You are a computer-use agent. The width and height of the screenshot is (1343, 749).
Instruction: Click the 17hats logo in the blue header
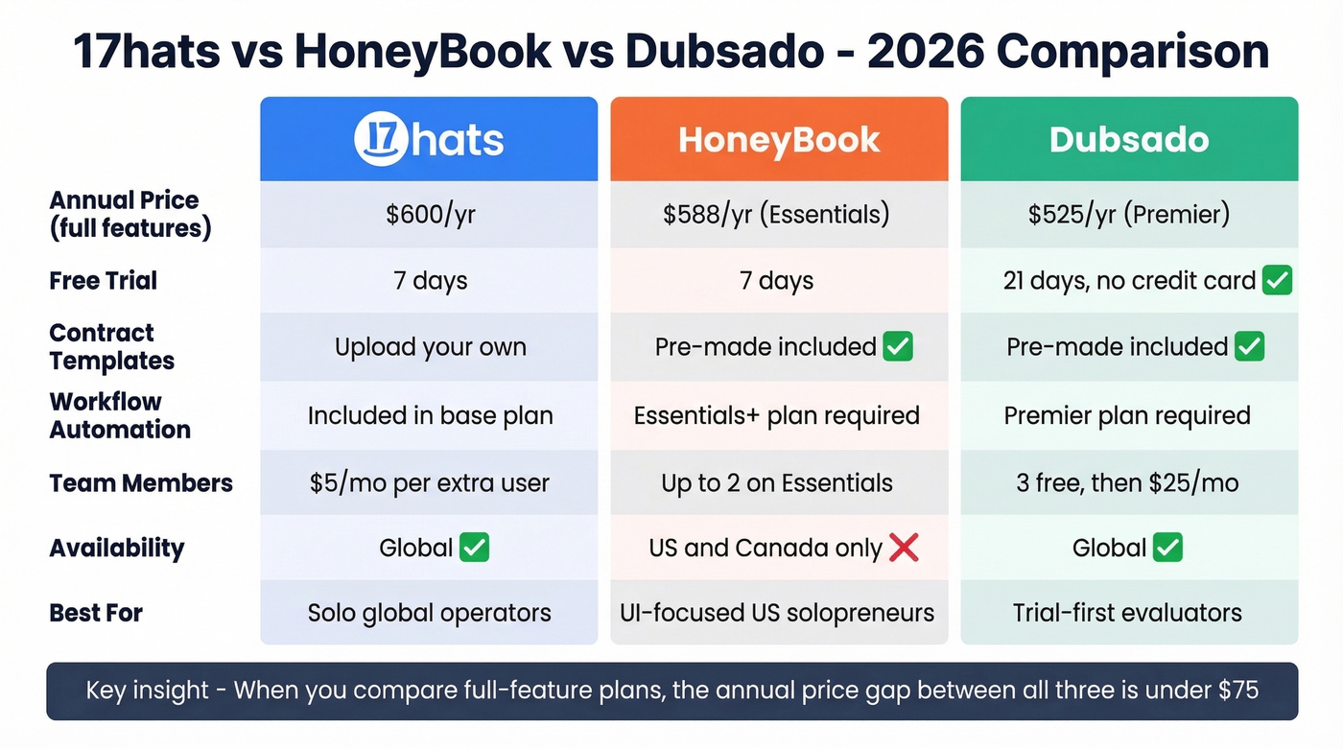pyautogui.click(x=429, y=139)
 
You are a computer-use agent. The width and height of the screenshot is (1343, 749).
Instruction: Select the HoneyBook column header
pyautogui.click(x=779, y=140)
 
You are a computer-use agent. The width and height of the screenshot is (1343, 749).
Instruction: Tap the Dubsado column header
pyautogui.click(x=1129, y=140)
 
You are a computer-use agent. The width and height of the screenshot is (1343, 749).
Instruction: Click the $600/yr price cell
pyautogui.click(x=430, y=214)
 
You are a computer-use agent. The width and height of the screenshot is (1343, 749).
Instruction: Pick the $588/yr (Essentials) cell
pyautogui.click(x=776, y=214)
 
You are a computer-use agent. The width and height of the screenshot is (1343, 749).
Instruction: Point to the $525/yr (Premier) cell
pyautogui.click(x=1129, y=214)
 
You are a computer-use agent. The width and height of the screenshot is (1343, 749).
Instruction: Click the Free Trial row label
pyautogui.click(x=104, y=281)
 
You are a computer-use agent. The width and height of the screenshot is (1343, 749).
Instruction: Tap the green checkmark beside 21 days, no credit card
pyautogui.click(x=1277, y=281)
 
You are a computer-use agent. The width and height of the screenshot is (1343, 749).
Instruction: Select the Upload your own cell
pyautogui.click(x=430, y=346)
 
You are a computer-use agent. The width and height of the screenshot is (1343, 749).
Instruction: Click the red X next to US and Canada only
pyautogui.click(x=904, y=548)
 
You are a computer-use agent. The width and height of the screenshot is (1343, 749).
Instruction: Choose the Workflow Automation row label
pyautogui.click(x=120, y=415)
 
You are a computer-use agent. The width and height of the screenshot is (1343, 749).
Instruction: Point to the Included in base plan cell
pyautogui.click(x=430, y=415)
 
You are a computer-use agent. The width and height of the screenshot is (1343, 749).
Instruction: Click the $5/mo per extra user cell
pyautogui.click(x=430, y=482)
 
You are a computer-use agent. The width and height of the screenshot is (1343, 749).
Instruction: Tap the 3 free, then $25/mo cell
pyautogui.click(x=1127, y=482)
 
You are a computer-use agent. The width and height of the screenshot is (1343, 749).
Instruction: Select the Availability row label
pyautogui.click(x=117, y=548)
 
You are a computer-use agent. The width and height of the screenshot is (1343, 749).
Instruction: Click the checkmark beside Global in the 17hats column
pyautogui.click(x=474, y=548)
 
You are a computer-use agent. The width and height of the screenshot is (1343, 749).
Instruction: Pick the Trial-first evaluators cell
pyautogui.click(x=1127, y=613)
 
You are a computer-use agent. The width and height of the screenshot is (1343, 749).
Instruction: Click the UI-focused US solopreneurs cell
pyautogui.click(x=777, y=613)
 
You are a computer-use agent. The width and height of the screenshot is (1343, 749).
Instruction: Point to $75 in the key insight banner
pyautogui.click(x=1236, y=690)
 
